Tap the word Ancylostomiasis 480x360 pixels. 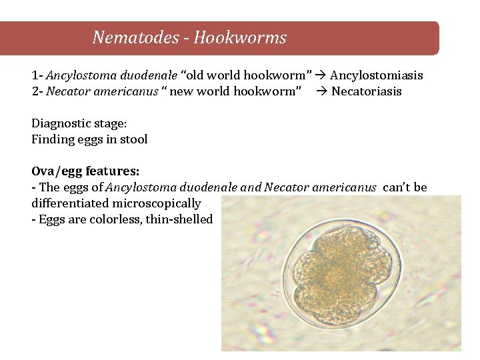tap(377, 75)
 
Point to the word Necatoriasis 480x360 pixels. tap(367, 91)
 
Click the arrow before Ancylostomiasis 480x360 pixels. tap(321, 75)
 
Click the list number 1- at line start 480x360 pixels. tap(37, 75)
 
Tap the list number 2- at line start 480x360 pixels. tap(37, 91)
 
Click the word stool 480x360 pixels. tap(133, 139)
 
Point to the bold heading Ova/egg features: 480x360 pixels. tap(85, 171)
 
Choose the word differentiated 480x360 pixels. tap(70, 203)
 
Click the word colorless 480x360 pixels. tap(117, 219)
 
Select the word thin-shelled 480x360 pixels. tap(179, 219)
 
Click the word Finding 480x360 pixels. tap(53, 139)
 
